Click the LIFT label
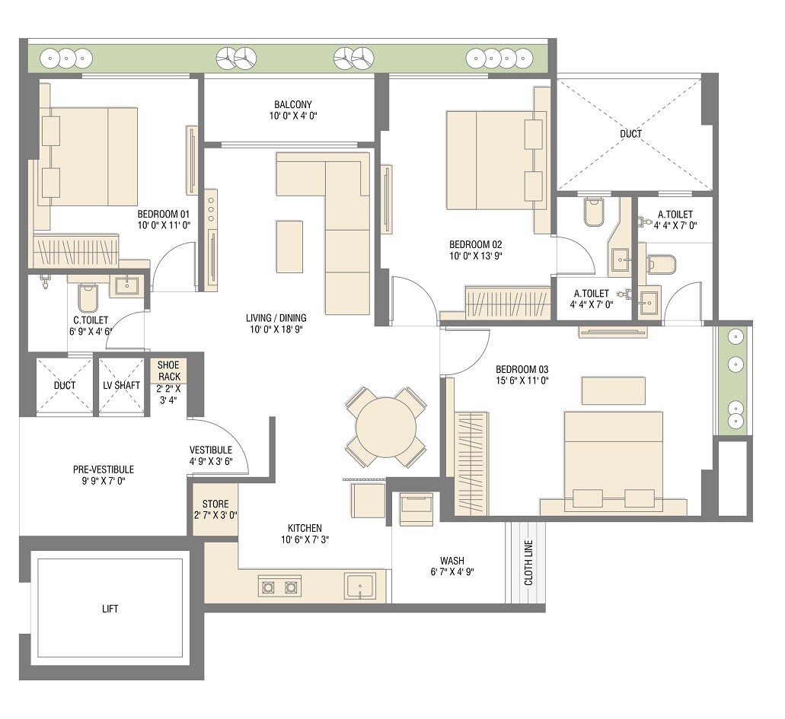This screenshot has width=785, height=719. (x=110, y=609)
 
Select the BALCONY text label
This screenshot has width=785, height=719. (x=293, y=104)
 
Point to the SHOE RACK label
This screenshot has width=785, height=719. (x=169, y=371)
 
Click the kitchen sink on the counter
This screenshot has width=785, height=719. (x=360, y=587)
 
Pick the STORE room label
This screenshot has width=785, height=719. (x=215, y=504)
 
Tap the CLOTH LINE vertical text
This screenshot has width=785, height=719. (x=528, y=563)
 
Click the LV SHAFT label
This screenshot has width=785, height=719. (x=122, y=385)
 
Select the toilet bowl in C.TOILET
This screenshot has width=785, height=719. (x=88, y=298)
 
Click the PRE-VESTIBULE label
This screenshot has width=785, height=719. (x=104, y=469)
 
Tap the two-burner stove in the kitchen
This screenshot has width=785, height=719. (x=279, y=587)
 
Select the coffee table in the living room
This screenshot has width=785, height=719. (x=289, y=245)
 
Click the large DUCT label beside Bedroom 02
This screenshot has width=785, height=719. (x=630, y=134)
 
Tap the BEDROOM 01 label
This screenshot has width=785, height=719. (x=163, y=213)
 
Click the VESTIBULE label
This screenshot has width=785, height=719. (x=210, y=450)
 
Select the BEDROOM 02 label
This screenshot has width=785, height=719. (x=475, y=243)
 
